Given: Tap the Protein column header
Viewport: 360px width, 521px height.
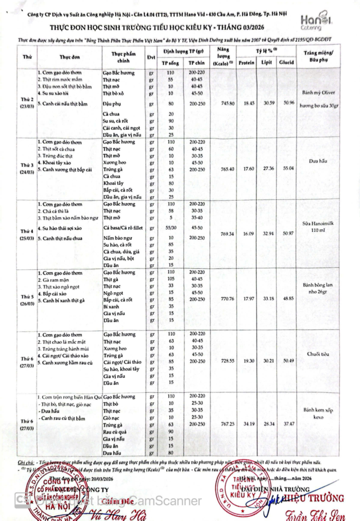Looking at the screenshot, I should [x=246, y=63].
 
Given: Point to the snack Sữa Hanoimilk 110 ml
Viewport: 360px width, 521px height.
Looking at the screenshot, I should [x=320, y=229].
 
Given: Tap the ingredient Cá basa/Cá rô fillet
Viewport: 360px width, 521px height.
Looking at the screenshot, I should [x=122, y=228].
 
